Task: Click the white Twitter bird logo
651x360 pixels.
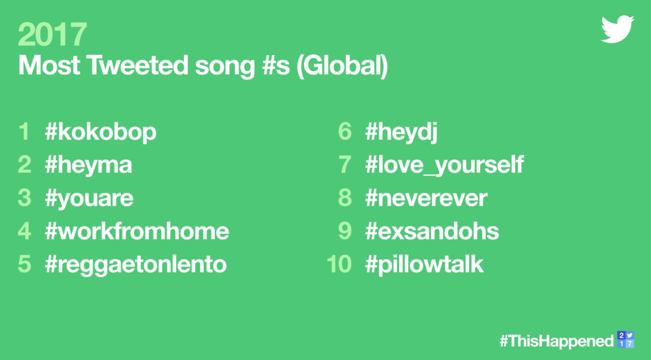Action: pyautogui.click(x=617, y=29)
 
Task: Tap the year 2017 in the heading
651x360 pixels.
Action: pyautogui.click(x=52, y=34)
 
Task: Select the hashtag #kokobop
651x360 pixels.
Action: pyautogui.click(x=101, y=132)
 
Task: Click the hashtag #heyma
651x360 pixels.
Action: pyautogui.click(x=88, y=165)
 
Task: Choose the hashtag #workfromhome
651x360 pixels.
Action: pyautogui.click(x=137, y=231)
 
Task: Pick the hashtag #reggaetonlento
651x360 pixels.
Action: pyautogui.click(x=136, y=265)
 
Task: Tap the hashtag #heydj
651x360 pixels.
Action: pyautogui.click(x=401, y=132)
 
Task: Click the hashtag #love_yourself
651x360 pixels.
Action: pyautogui.click(x=444, y=165)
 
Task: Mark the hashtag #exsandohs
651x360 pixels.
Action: pyautogui.click(x=432, y=231)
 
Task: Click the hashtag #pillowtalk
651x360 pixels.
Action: pyautogui.click(x=424, y=265)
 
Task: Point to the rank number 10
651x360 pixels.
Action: pyautogui.click(x=339, y=264)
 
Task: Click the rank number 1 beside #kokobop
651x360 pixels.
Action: pyautogui.click(x=25, y=131)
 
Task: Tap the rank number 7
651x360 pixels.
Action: pyautogui.click(x=345, y=165)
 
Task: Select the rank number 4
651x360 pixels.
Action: pyautogui.click(x=25, y=231)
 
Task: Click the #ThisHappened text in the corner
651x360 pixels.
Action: pyautogui.click(x=556, y=341)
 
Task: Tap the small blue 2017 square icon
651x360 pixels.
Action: pyautogui.click(x=626, y=339)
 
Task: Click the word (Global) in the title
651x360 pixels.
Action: pyautogui.click(x=342, y=66)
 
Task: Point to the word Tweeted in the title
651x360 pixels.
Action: pyautogui.click(x=138, y=65)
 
